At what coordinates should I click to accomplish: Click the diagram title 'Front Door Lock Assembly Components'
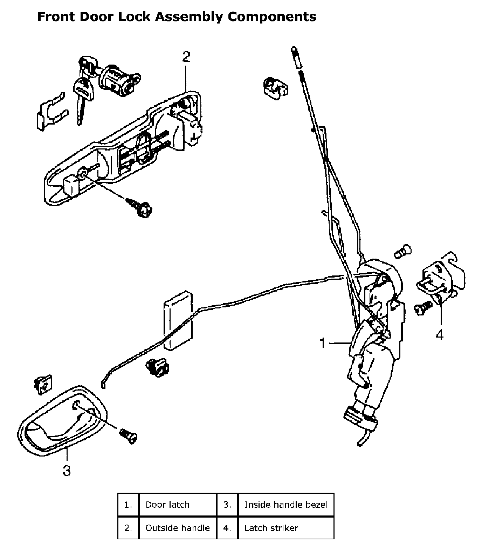point(177,16)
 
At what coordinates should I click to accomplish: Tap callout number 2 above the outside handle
point(186,56)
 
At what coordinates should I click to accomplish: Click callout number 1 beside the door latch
point(323,343)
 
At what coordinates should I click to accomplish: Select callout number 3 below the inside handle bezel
point(67,471)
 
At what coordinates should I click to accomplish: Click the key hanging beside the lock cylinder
point(82,95)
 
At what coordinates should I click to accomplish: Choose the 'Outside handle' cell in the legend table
point(178,528)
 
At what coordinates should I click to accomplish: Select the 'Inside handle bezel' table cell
point(285,505)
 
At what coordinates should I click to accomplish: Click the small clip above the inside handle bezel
point(43,384)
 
